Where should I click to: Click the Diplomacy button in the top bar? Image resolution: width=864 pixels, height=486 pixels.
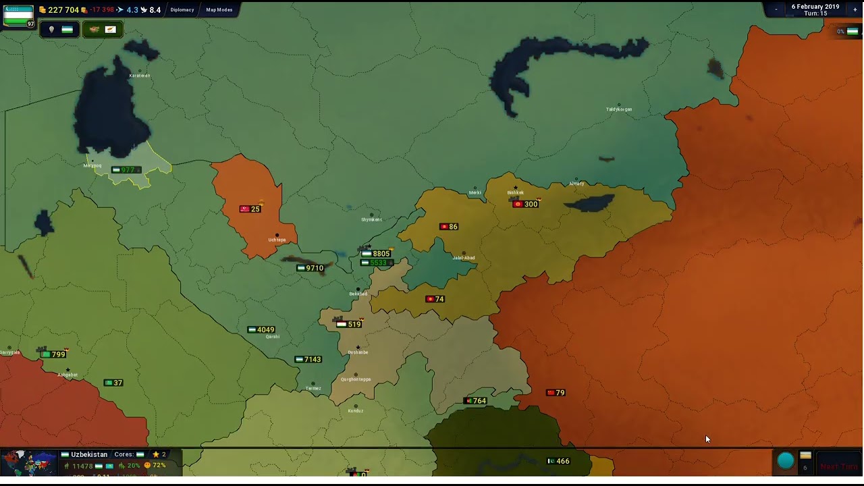tap(182, 10)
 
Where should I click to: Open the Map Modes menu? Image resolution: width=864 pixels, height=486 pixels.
tap(219, 10)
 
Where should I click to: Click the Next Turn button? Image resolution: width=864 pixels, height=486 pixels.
tap(839, 466)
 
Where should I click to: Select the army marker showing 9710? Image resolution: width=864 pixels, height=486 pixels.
tap(310, 268)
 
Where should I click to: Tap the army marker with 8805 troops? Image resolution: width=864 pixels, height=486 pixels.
tap(377, 254)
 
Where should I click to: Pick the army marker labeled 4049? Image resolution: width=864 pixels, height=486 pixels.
tap(261, 329)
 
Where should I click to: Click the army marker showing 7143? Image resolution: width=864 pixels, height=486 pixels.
tap(308, 359)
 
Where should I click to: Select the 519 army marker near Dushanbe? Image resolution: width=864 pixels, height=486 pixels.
tap(349, 324)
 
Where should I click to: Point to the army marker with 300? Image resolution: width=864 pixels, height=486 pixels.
tap(526, 204)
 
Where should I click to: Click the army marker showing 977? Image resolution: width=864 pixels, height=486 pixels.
tap(124, 170)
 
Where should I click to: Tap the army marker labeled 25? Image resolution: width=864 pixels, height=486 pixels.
tap(250, 209)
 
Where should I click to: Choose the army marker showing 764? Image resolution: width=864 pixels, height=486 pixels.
tap(475, 401)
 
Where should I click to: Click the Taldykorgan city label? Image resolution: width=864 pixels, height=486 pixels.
tap(618, 109)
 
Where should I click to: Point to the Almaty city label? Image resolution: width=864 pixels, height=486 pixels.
tap(576, 184)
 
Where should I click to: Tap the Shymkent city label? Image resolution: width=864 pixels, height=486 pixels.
tap(371, 219)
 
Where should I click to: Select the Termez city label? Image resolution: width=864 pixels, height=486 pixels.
tap(313, 388)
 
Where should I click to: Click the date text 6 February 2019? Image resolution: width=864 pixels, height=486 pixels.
tap(815, 7)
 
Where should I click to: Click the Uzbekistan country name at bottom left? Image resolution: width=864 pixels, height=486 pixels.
tap(89, 454)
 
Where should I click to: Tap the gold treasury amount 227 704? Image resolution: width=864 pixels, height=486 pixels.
tap(63, 10)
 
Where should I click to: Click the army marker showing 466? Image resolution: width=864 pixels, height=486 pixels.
tap(558, 461)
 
